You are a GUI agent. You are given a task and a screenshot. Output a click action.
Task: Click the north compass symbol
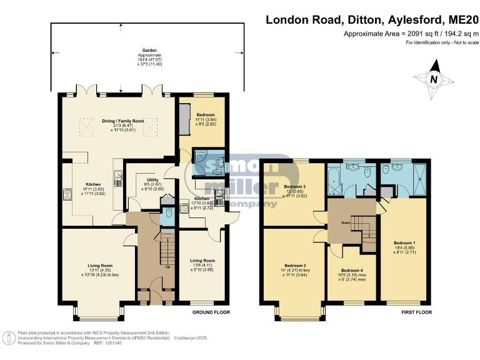[x=434, y=79]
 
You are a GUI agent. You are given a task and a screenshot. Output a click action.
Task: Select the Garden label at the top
[x=149, y=50]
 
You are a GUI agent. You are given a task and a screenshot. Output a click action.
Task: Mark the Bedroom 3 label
[x=295, y=186]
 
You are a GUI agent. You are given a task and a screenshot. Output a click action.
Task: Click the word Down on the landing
[x=344, y=222]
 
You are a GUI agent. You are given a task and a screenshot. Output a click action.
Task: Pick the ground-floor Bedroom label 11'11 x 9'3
[x=206, y=116]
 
